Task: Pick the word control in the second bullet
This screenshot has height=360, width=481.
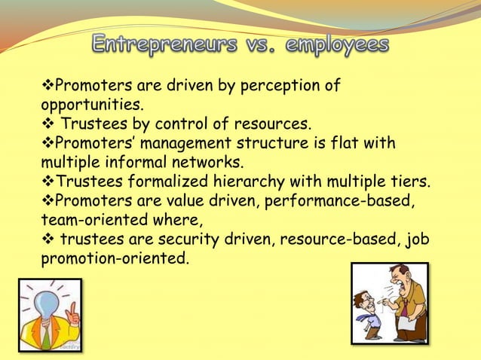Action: pos(202,123)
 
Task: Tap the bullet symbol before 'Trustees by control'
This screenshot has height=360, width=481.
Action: pos(47,123)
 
